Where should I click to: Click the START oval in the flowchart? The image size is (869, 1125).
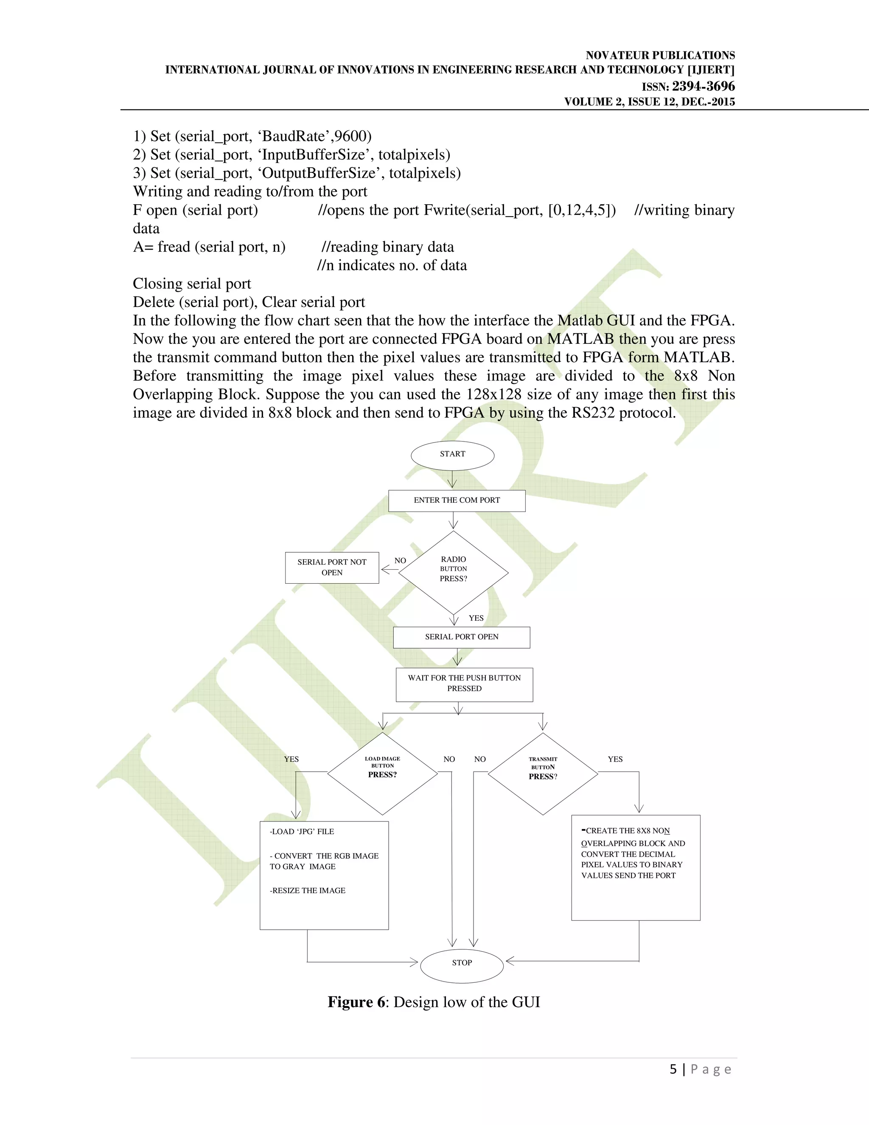tap(452, 455)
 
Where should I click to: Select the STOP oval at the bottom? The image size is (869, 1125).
tap(462, 963)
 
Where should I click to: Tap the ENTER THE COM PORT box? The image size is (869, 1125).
tap(457, 500)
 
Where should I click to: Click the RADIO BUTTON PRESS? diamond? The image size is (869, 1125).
tap(454, 572)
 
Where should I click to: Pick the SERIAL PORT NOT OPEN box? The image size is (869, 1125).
tap(332, 568)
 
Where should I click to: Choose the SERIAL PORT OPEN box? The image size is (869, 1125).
tap(461, 637)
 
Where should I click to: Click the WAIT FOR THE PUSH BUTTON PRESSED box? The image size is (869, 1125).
tap(464, 684)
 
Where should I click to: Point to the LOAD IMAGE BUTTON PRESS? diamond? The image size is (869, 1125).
tap(382, 773)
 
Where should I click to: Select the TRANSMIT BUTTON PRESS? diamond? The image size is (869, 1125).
tap(543, 773)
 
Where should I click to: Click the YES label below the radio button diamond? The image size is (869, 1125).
tap(476, 618)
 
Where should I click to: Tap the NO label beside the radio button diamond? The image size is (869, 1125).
tap(400, 560)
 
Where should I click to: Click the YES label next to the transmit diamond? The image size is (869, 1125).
tap(615, 759)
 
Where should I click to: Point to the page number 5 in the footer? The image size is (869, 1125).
tap(673, 1069)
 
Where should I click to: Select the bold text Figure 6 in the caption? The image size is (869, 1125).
tap(356, 1002)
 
